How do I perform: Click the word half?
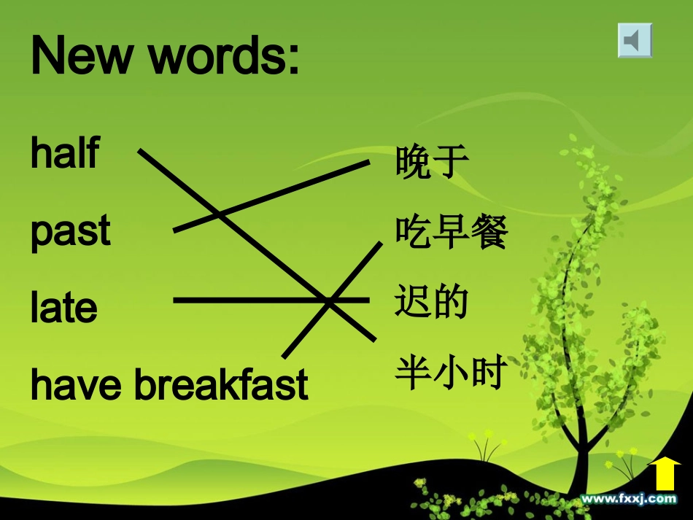click(x=64, y=153)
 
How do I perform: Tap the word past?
click(x=70, y=232)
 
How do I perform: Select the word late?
click(x=63, y=308)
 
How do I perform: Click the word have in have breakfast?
click(x=77, y=386)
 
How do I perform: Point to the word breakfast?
click(x=221, y=386)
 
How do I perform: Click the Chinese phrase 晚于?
click(x=431, y=162)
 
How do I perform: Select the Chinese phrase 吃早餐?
click(x=451, y=233)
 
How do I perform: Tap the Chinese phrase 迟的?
click(x=431, y=303)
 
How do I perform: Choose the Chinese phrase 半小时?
click(x=451, y=373)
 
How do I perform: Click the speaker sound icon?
click(x=634, y=40)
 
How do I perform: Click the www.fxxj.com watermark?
click(x=628, y=499)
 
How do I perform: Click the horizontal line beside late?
click(x=241, y=299)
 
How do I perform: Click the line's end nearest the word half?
click(x=141, y=151)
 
